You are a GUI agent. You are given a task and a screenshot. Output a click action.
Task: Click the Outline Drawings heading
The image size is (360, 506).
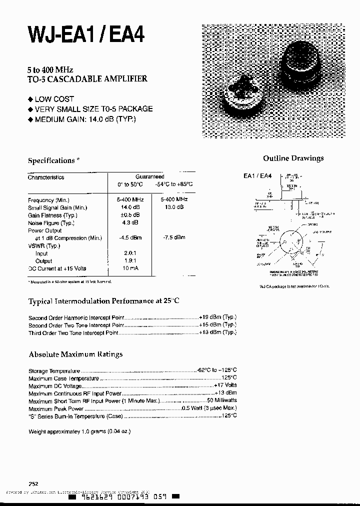pos(293,158)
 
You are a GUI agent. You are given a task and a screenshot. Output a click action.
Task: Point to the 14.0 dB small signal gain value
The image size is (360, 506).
pos(129,207)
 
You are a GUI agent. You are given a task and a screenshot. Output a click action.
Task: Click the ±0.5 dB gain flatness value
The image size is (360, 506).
pos(129,215)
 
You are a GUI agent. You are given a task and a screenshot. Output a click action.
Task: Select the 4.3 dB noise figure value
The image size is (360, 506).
pos(129,222)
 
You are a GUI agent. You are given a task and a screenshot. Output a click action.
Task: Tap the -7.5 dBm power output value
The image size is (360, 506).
pos(173,237)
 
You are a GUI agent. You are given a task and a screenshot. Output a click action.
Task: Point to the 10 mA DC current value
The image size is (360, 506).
pos(130,268)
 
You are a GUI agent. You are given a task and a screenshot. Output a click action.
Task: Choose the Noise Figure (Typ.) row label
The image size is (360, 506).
pos(51,223)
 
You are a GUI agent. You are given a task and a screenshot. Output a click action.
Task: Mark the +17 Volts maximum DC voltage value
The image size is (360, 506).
pos(225,385)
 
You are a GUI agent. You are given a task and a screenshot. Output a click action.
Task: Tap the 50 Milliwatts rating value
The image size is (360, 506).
pos(221,400)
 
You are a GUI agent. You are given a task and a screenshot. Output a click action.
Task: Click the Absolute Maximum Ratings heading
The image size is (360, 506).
pos(75,354)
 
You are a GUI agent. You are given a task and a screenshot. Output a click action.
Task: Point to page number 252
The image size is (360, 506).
pos(33,483)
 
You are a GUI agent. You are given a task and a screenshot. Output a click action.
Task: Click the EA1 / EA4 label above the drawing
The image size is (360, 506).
pos(257,176)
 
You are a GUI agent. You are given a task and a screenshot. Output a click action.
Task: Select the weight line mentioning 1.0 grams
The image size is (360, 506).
pos(79,431)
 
